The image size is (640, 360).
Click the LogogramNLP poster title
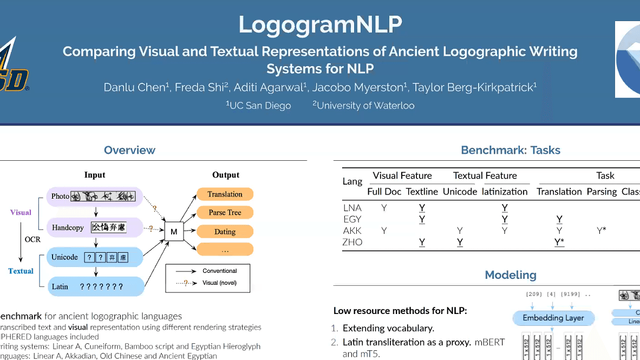tap(320, 24)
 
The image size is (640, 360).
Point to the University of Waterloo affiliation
tap(363, 106)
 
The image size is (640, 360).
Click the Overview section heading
tap(129, 150)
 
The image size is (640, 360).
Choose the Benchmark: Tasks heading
tap(510, 150)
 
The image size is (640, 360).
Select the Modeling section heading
tap(510, 274)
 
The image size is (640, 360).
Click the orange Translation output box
tap(225, 194)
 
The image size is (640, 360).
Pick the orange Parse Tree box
tap(225, 213)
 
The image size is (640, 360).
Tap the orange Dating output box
tap(225, 232)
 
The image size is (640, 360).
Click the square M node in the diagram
tap(174, 232)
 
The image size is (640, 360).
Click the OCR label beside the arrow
tap(32, 239)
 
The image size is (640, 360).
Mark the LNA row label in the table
tap(352, 207)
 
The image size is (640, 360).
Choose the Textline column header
tap(422, 192)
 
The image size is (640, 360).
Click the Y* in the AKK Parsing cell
tap(601, 231)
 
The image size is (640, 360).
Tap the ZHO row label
tap(352, 242)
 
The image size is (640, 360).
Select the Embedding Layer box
tap(553, 318)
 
